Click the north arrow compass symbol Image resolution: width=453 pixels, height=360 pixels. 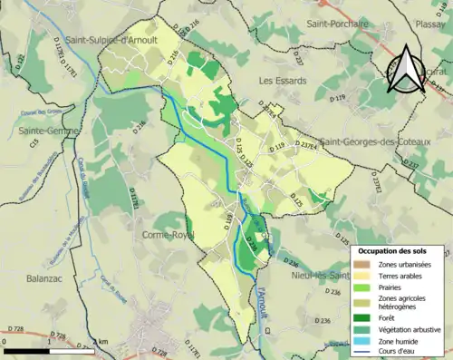[407, 68]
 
